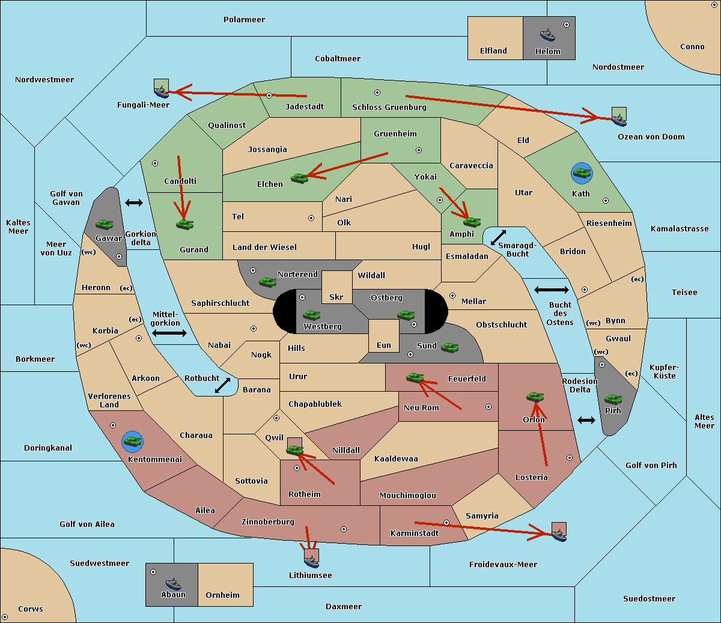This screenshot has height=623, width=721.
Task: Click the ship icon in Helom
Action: (x=547, y=35)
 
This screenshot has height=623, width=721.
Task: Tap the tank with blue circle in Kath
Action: (x=582, y=173)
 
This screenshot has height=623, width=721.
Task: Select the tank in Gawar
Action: (x=105, y=224)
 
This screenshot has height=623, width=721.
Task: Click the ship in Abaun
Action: (x=174, y=583)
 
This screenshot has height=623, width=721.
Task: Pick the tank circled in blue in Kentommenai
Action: (x=133, y=442)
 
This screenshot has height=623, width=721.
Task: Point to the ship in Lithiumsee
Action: (x=311, y=562)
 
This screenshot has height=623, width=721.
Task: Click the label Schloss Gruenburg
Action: (x=389, y=107)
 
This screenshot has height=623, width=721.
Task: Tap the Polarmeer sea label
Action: (x=244, y=20)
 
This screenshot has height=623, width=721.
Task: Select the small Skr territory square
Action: (x=336, y=287)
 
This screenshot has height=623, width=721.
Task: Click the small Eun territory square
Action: (x=384, y=336)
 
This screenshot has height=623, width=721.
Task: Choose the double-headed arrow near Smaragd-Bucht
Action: (x=498, y=237)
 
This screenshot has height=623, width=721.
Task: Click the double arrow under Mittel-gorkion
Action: (x=169, y=333)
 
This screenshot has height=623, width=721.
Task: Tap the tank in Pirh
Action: (x=613, y=399)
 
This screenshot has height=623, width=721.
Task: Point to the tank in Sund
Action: (x=449, y=347)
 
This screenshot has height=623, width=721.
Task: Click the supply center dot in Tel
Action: (x=311, y=218)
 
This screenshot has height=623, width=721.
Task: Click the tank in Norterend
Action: (x=267, y=282)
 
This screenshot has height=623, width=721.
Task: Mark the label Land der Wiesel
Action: (x=264, y=248)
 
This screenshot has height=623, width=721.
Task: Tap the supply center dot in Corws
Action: (x=5, y=617)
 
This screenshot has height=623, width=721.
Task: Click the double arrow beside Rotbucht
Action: (x=222, y=386)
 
